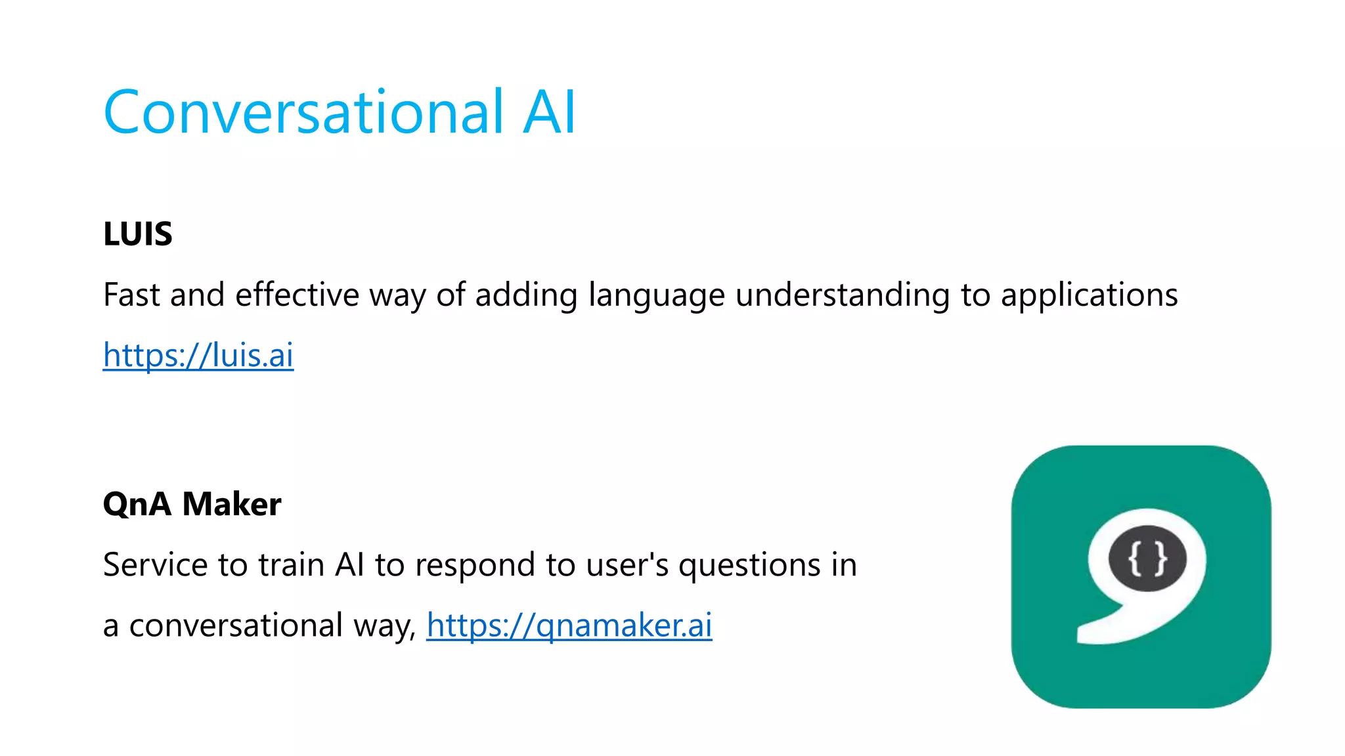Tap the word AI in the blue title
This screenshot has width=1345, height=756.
pyautogui.click(x=549, y=113)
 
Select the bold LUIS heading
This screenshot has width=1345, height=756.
pyautogui.click(x=138, y=234)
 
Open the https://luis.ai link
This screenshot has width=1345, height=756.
pyautogui.click(x=198, y=356)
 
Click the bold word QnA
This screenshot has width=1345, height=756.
pyautogui.click(x=137, y=505)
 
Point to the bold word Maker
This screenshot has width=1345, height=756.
pyautogui.click(x=231, y=505)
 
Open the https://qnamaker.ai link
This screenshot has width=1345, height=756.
pyautogui.click(x=569, y=625)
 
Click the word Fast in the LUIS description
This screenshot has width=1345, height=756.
pyautogui.click(x=131, y=295)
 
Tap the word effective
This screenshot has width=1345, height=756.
pyautogui.click(x=297, y=295)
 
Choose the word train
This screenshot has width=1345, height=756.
pyautogui.click(x=291, y=565)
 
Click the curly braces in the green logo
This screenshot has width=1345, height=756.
pyautogui.click(x=1147, y=559)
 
